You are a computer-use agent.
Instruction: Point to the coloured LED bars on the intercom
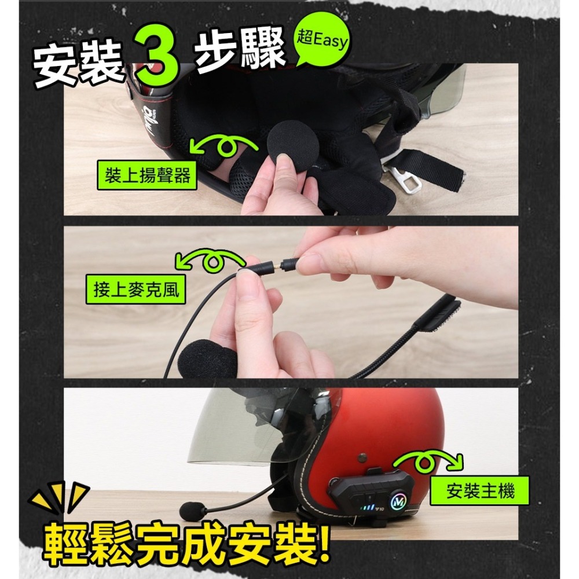365,509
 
